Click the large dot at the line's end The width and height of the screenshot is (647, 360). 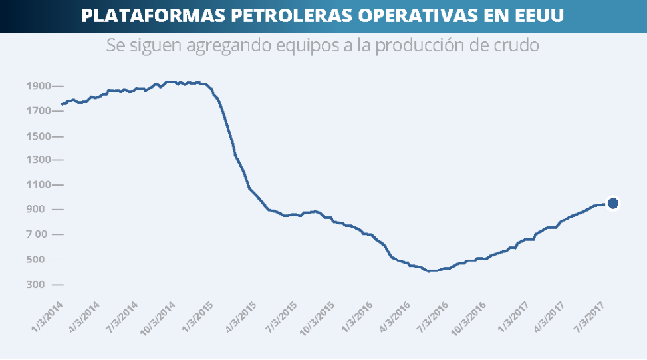[613, 203]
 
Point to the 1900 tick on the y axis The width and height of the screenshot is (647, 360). [39, 86]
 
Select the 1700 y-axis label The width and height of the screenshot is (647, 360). [39, 111]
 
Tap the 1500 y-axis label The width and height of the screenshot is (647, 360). [39, 136]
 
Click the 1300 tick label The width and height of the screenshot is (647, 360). [39, 160]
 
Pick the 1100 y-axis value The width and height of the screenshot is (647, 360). [39, 185]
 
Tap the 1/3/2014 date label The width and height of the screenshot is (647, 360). [47, 315]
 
